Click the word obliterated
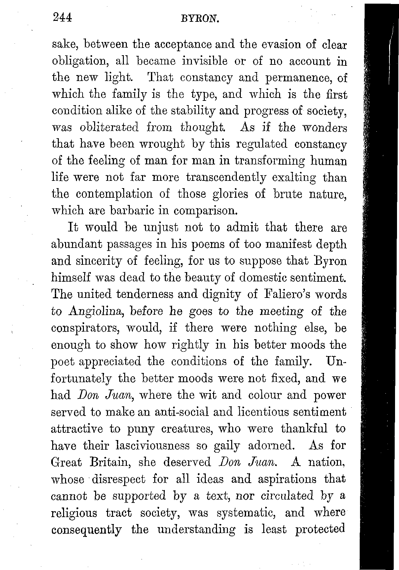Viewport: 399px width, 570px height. click(109, 127)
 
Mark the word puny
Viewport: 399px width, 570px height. click(141, 429)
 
